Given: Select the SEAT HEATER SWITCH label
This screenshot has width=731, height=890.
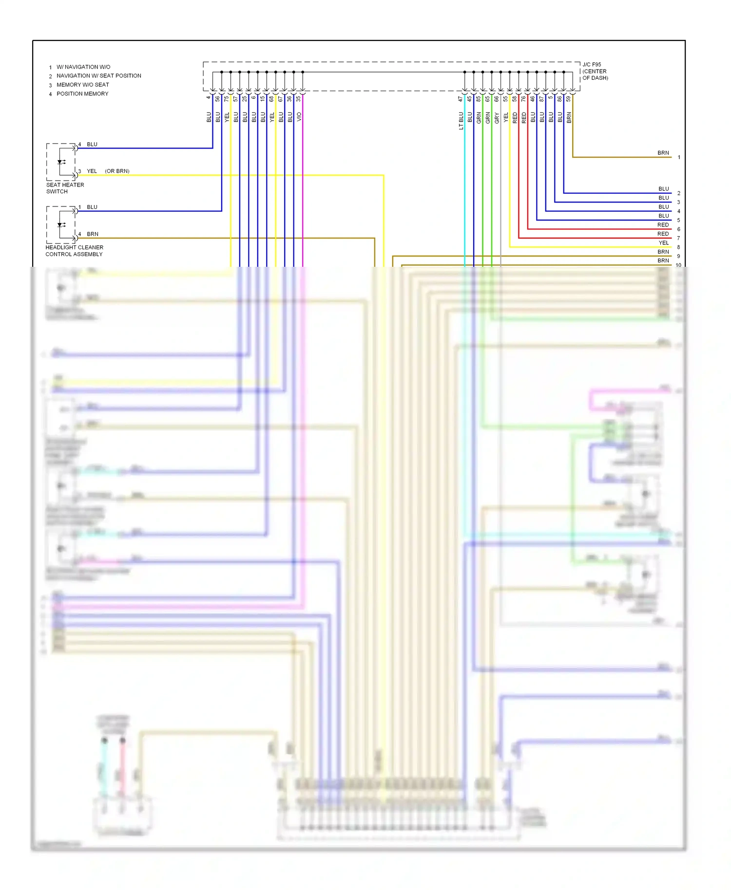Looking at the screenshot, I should pos(65,188).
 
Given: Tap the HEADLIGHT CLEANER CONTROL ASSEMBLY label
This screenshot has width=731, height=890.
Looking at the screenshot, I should pos(74,251).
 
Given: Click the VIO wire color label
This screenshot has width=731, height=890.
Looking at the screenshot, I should pos(299,117).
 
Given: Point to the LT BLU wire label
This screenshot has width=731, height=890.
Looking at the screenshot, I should pos(461,120).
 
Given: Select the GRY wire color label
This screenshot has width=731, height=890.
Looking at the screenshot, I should pos(497,117).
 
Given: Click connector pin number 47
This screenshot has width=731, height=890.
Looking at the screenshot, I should pos(460,99).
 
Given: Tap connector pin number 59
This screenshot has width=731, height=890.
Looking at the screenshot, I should pos(568,99).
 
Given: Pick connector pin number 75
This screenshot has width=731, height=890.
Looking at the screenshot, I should pos(227,99).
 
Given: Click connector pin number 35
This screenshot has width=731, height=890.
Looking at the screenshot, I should pos(299,99).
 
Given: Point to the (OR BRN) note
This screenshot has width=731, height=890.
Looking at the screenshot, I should pos(117,171).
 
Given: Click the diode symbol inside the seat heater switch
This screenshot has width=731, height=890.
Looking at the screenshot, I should pos(61,162).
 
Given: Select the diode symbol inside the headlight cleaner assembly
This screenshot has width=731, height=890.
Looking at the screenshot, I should pos(61,225).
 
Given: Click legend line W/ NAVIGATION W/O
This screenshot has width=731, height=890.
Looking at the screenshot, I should pos(83,67).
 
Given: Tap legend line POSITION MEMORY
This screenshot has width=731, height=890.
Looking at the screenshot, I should pos(82,93).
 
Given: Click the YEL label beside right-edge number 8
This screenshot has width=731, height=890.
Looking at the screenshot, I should pos(663,243).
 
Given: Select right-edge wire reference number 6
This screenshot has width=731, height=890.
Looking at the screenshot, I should pos(678,229).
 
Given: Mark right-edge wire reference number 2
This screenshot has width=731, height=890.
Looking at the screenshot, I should pos(678,193).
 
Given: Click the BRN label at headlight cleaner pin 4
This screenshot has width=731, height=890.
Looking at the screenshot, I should pos(93,234).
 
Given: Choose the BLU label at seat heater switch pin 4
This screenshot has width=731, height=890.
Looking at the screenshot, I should pos(92,144).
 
